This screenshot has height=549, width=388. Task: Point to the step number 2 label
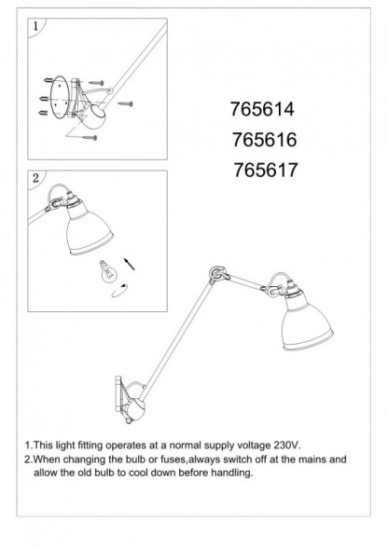[35, 177]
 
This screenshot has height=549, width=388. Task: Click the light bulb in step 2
[105, 271]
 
